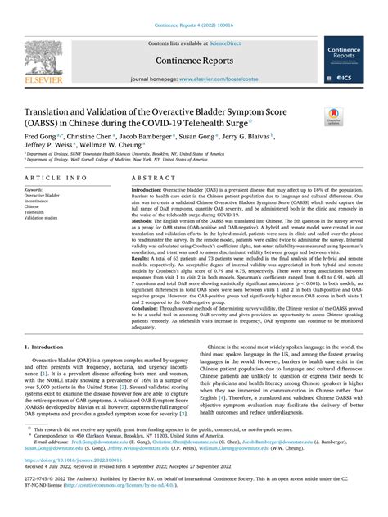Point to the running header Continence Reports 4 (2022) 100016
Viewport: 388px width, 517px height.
click(x=193, y=7)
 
